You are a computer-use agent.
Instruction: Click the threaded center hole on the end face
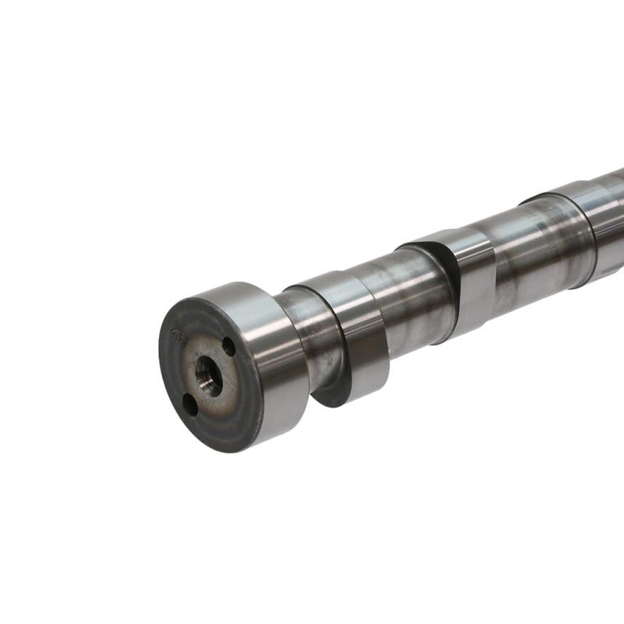click(x=208, y=375)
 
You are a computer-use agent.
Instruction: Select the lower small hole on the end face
click(x=190, y=404)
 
